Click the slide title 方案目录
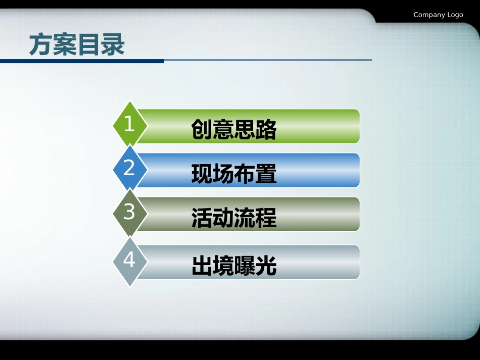pos(77,45)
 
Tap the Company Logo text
pos(438,15)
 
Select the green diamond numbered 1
pos(130,124)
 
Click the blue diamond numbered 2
pos(130,168)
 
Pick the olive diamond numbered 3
pos(130,212)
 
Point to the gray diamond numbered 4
pos(130,260)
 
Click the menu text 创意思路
pos(234,130)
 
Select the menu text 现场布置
pos(234,174)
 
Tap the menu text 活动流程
pos(234,218)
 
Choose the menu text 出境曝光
pos(234,266)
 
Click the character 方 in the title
pos(40,45)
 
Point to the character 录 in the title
pos(113,45)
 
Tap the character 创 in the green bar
pos(202,130)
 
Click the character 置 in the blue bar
pos(266,174)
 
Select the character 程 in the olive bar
pos(266,218)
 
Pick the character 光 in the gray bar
pos(266,266)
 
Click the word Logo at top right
pos(455,15)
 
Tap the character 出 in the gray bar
pos(202,266)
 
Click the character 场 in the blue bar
pos(223,174)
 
